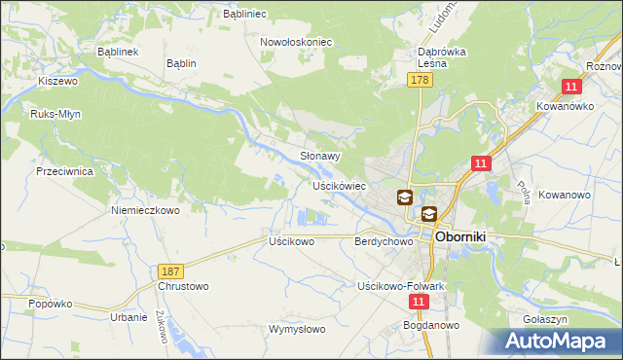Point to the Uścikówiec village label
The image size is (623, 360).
339,185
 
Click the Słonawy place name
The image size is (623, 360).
319,156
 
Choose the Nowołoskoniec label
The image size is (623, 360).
296,42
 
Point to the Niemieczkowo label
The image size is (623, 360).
146,210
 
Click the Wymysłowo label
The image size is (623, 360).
297,329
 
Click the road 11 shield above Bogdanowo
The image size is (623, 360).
418,303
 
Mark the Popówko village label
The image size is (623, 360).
51,304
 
